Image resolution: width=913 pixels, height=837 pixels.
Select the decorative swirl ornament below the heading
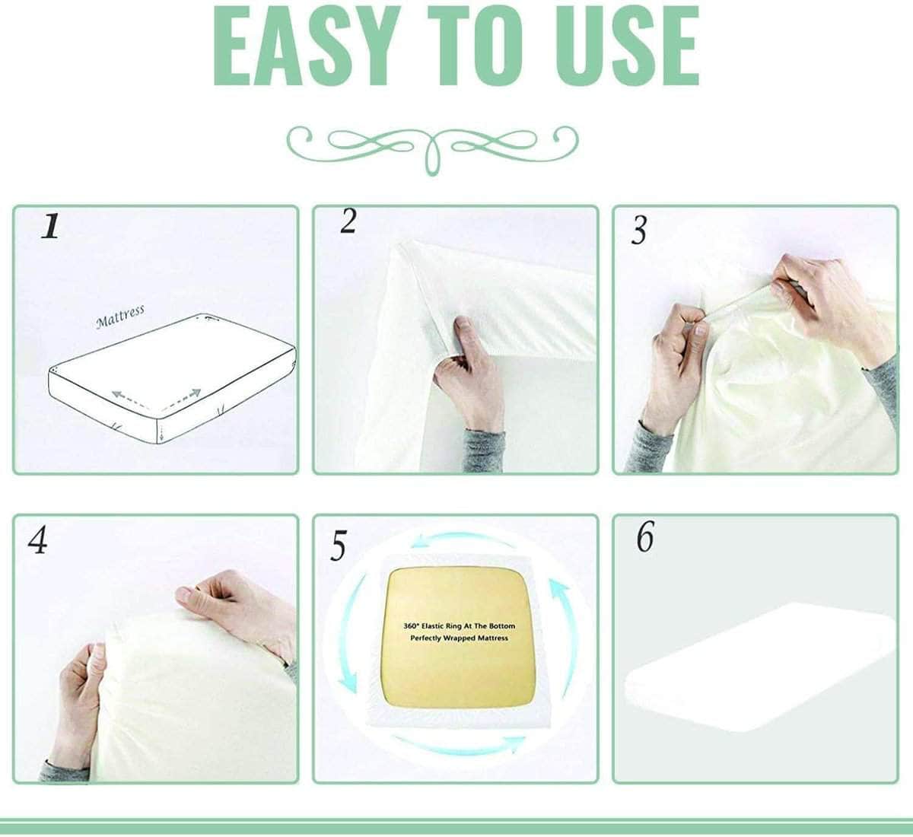tap(432, 142)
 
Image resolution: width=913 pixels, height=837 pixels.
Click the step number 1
tap(50, 227)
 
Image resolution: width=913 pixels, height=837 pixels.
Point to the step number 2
tap(348, 221)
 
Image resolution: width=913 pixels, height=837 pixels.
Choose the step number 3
tap(639, 231)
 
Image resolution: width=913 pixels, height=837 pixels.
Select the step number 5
tap(339, 546)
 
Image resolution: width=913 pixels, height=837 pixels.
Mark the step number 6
tap(644, 538)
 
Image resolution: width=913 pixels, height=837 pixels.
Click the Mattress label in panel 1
tap(120, 317)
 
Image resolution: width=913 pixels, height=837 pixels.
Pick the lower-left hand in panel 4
tap(80, 700)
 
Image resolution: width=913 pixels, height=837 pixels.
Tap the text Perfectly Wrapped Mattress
tap(459, 638)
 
